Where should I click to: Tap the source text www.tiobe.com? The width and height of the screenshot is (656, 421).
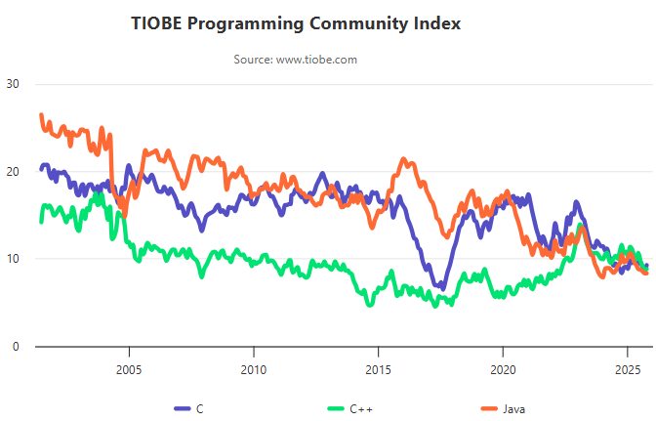click(x=316, y=60)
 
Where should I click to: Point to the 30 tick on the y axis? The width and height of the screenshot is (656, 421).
click(x=13, y=84)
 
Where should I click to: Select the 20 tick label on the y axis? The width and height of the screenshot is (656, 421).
click(x=13, y=172)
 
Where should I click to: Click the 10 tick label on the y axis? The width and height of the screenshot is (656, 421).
click(x=13, y=259)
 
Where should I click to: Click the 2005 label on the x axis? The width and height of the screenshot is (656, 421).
click(x=129, y=370)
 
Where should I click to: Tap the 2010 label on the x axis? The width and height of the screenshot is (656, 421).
click(x=254, y=370)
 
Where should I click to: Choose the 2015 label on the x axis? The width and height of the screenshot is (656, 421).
click(x=378, y=370)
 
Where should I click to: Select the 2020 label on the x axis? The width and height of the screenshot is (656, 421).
click(x=503, y=370)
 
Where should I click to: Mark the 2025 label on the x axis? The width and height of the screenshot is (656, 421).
click(x=627, y=370)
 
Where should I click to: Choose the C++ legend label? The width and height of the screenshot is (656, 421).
click(x=359, y=407)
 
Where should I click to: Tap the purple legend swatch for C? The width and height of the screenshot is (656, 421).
click(x=184, y=407)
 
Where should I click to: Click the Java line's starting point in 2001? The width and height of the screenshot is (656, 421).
click(x=41, y=115)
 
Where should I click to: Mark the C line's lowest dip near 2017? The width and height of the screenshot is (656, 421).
click(x=441, y=288)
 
